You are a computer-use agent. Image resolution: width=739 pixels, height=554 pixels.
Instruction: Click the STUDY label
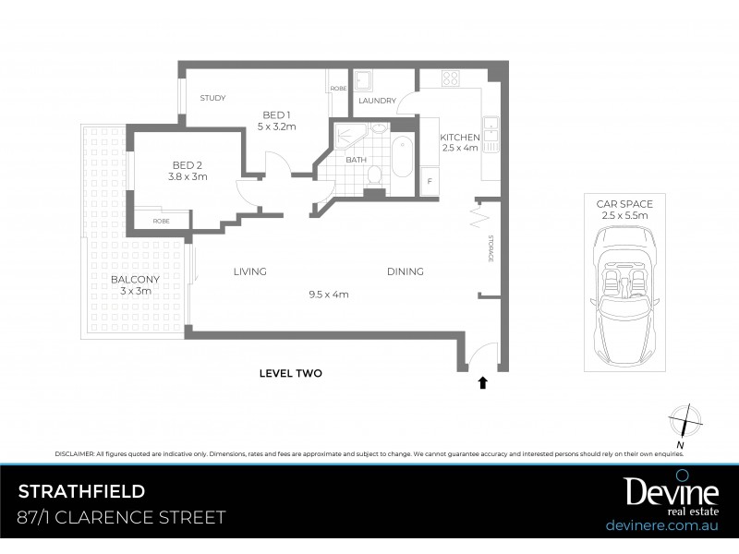point(212,98)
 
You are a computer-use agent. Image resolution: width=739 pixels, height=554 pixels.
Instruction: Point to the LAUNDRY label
point(379,102)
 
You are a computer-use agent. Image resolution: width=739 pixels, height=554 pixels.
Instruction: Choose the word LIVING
point(249,271)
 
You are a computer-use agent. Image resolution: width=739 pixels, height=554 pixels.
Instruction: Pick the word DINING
point(405,271)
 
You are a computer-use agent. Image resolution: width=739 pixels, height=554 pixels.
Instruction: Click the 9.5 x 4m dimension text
point(328,295)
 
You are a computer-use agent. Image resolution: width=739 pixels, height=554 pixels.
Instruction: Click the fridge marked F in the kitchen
point(429,182)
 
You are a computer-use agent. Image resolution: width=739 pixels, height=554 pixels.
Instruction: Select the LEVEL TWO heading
point(290,374)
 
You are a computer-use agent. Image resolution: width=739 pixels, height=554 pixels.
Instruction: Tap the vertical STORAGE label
point(490,247)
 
